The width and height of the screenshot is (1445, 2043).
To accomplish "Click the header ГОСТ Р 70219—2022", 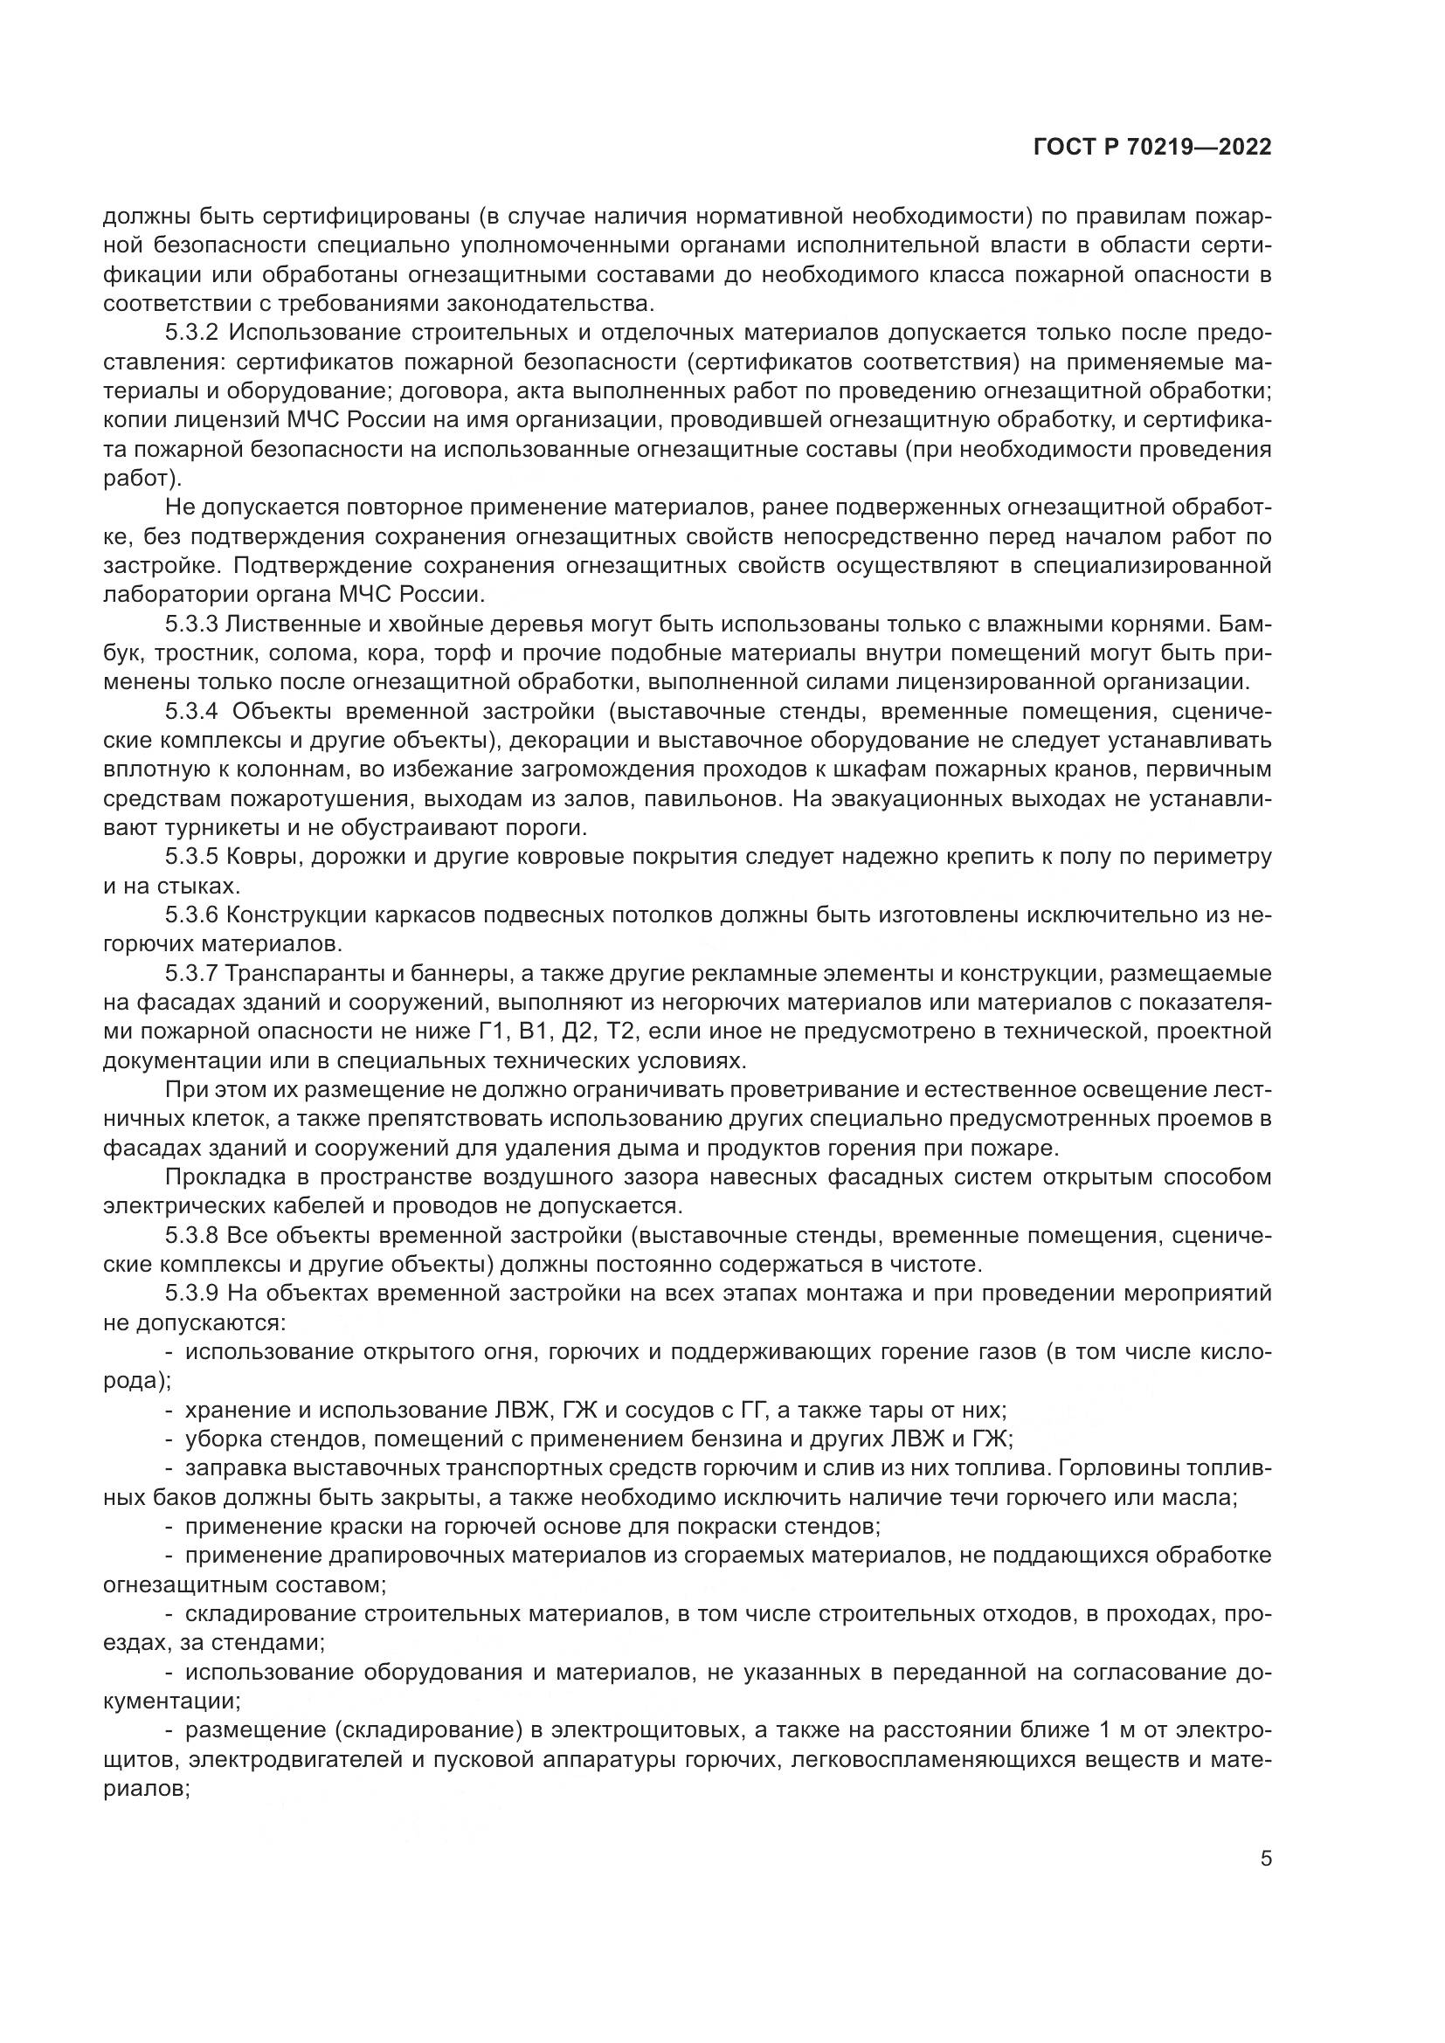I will point(1152,148).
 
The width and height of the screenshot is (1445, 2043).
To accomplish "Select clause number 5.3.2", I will point(192,333).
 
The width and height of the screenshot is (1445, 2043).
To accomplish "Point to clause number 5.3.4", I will point(192,712).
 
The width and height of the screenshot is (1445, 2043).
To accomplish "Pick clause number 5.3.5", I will point(192,857).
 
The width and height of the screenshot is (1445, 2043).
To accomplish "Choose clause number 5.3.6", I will point(192,915).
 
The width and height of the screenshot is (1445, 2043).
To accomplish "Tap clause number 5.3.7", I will point(192,973).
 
